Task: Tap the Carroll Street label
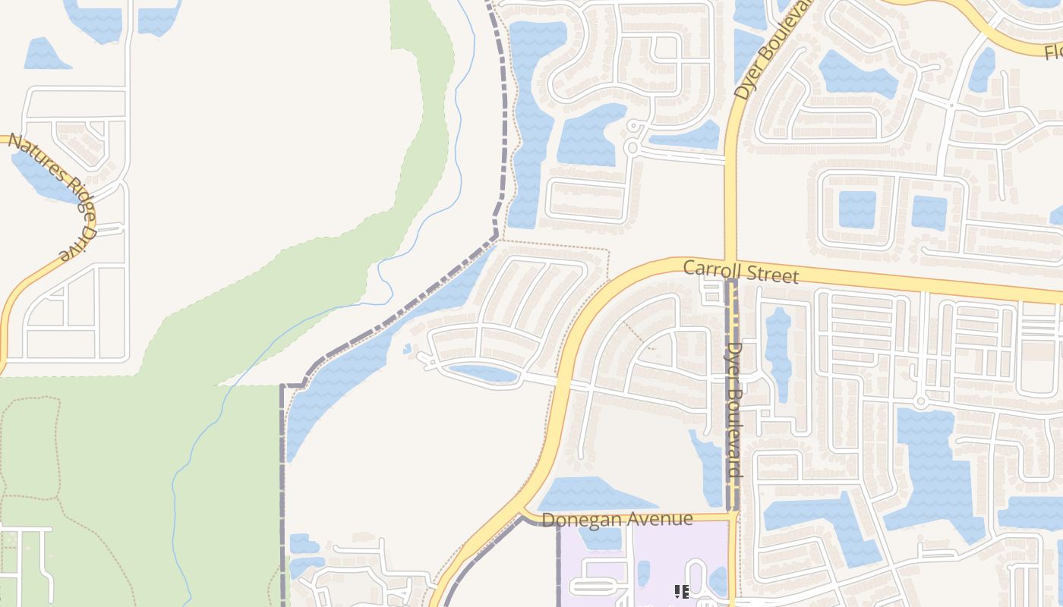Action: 740,271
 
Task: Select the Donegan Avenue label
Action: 618,519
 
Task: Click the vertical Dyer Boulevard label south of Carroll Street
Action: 734,410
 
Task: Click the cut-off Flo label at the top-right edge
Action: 1053,52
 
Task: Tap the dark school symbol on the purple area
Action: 681,590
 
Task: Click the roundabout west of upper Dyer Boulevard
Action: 632,147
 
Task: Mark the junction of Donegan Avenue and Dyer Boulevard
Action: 733,517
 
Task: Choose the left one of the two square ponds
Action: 857,209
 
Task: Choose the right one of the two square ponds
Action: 929,212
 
